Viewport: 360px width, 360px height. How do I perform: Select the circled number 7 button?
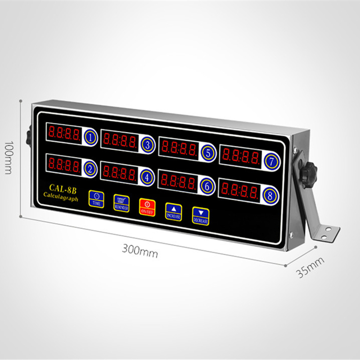coord(271,162)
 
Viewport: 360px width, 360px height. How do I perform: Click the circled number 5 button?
coord(207,152)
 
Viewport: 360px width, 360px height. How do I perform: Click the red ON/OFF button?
coord(147,206)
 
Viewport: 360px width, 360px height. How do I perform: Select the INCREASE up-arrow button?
coord(173,211)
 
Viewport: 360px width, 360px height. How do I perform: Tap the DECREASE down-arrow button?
coord(201,215)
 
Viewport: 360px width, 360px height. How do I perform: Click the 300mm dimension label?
coord(140,251)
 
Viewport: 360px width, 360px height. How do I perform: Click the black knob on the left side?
coord(28,135)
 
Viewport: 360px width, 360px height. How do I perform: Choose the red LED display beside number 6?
coord(179,181)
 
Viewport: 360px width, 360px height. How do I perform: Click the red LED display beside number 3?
coord(120,139)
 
